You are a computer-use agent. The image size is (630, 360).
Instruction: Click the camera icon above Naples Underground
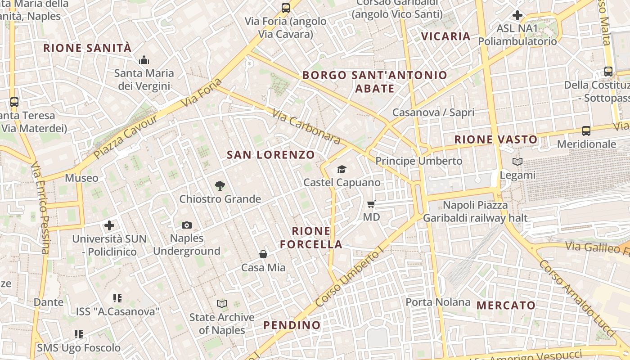[x=187, y=225]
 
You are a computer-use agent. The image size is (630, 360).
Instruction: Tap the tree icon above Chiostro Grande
[x=220, y=185]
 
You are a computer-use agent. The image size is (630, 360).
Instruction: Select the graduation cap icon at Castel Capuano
[x=342, y=169]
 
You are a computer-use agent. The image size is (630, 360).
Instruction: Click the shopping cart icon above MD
[x=371, y=204]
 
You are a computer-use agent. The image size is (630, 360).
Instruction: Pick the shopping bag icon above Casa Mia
[x=263, y=254]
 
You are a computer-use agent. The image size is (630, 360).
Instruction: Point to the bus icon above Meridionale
[x=586, y=131]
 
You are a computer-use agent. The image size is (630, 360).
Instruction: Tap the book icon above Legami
[x=517, y=162]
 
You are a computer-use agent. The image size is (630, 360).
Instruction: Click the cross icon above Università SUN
[x=109, y=225]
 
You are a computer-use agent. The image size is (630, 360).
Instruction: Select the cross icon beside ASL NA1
[x=517, y=15]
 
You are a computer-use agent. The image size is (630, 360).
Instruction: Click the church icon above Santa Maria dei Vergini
[x=144, y=60]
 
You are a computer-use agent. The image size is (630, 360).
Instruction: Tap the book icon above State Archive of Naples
[x=222, y=304]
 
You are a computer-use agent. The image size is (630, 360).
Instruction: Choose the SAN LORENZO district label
[x=271, y=155]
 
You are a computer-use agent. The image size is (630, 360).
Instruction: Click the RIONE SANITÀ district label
[x=87, y=48]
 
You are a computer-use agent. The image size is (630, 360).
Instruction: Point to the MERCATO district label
[x=506, y=306]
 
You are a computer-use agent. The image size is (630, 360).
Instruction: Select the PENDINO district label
[x=292, y=325]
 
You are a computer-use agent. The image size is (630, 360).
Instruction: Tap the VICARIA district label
[x=445, y=36]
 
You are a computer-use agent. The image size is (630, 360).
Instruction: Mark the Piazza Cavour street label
[x=126, y=137]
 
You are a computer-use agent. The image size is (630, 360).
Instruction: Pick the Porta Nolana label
[x=438, y=302]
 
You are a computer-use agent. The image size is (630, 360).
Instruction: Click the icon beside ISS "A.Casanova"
[x=117, y=298]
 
